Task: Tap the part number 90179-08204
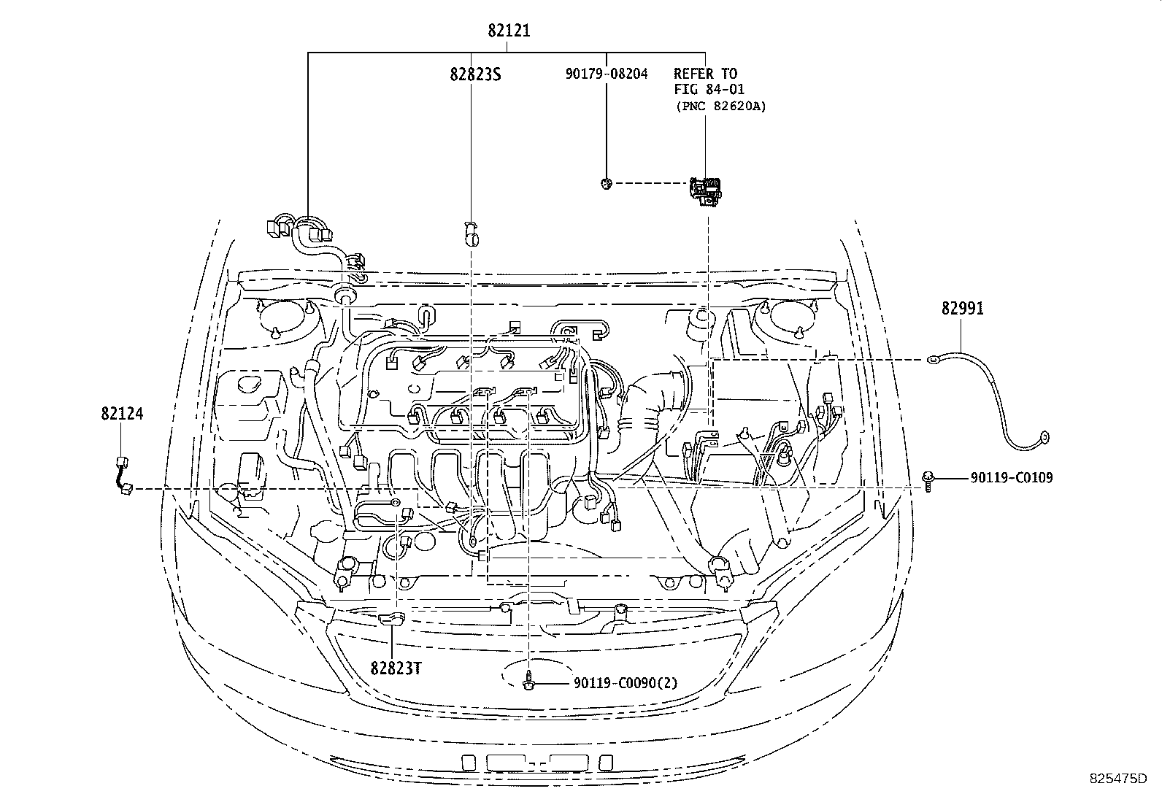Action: pyautogui.click(x=606, y=74)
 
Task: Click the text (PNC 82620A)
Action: pyautogui.click(x=720, y=107)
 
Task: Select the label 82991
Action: pyautogui.click(x=962, y=309)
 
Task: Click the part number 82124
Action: pyautogui.click(x=122, y=414)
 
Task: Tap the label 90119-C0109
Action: pyautogui.click(x=1011, y=479)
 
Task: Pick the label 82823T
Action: pyautogui.click(x=395, y=668)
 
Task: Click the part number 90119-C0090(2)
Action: pyautogui.click(x=626, y=684)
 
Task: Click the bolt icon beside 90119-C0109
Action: pyautogui.click(x=928, y=480)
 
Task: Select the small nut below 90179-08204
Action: pyautogui.click(x=605, y=183)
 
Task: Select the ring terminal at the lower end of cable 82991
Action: pyautogui.click(x=1044, y=439)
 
